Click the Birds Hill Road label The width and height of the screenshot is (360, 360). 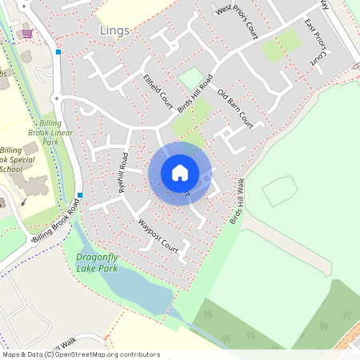196,93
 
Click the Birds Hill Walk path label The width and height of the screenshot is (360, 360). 237,201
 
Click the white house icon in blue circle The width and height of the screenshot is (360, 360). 180,173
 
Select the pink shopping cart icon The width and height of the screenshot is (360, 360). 28,34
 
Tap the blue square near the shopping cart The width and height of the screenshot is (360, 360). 58,53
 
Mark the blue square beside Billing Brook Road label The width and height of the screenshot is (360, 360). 81,195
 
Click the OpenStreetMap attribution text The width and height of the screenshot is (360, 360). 81,354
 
